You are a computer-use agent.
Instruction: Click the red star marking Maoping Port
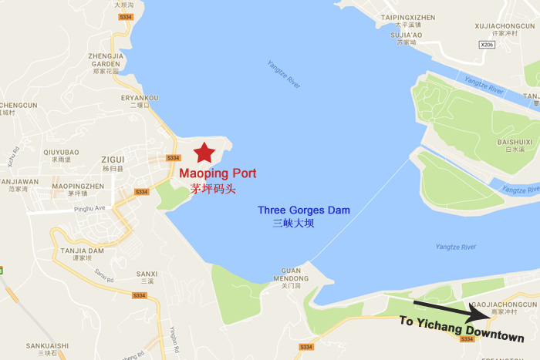coord(204,152)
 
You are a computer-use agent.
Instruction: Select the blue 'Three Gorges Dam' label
coord(303,210)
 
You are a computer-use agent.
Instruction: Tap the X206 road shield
coord(486,45)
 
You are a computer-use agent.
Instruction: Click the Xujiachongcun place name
coord(506,25)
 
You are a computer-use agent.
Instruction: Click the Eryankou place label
coord(140,98)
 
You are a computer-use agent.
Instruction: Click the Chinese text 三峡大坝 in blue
coord(293,224)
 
